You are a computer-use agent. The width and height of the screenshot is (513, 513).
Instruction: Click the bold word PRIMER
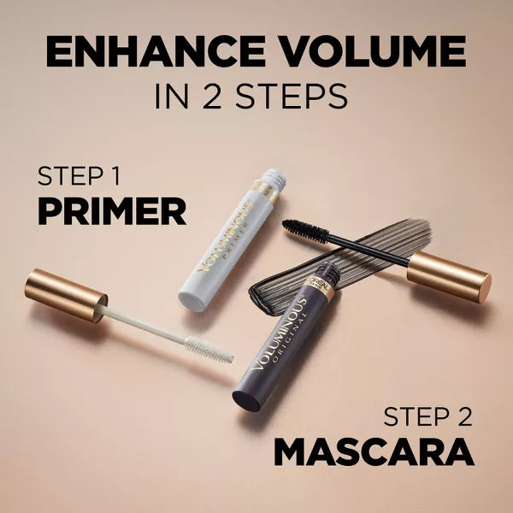click(x=112, y=209)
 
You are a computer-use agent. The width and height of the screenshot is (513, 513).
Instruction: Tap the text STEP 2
click(x=427, y=416)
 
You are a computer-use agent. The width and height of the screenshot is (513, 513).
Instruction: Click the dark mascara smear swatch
click(x=368, y=248)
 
